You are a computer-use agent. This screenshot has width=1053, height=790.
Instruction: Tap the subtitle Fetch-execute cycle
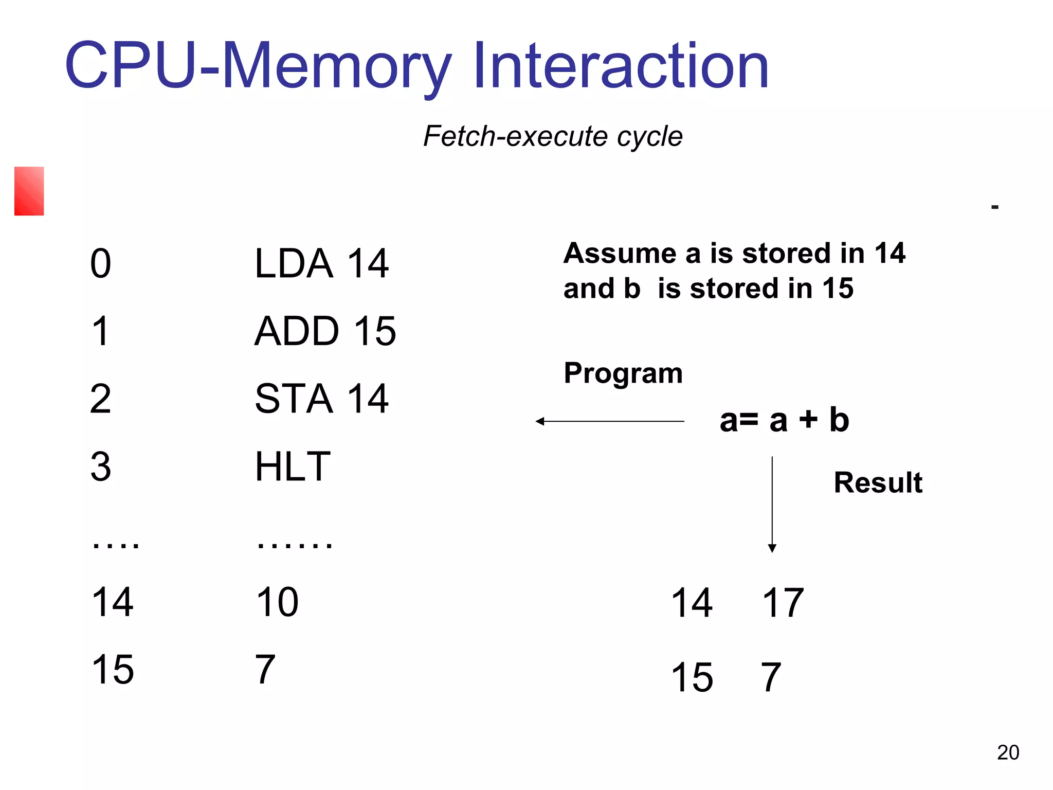click(x=553, y=136)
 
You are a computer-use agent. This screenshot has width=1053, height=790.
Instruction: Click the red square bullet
click(x=29, y=191)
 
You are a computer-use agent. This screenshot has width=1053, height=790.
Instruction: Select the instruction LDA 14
click(x=321, y=263)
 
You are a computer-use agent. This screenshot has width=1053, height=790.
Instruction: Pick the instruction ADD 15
click(x=325, y=331)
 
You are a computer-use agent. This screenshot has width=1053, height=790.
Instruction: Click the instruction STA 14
click(x=321, y=399)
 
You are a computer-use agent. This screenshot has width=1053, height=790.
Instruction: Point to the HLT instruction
click(x=293, y=466)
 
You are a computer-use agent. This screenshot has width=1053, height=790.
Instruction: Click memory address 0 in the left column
click(x=100, y=263)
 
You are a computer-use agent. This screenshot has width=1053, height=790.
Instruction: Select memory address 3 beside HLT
click(x=100, y=466)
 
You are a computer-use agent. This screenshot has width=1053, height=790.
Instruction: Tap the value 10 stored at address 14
click(x=277, y=602)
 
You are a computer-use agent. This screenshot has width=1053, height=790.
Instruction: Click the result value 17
click(x=783, y=603)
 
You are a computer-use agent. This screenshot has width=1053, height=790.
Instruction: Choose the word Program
click(x=623, y=373)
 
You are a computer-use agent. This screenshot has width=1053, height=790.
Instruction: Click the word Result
click(x=878, y=482)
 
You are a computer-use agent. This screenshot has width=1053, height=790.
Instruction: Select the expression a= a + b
click(x=784, y=420)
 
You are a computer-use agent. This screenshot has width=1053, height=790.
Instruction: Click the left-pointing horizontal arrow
click(x=610, y=421)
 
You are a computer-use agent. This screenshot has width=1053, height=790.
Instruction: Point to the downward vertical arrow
click(x=772, y=504)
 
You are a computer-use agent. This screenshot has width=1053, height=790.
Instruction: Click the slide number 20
click(x=1008, y=752)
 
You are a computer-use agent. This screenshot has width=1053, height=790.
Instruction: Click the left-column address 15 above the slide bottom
click(x=113, y=670)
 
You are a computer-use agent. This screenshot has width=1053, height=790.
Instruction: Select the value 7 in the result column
click(x=771, y=677)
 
